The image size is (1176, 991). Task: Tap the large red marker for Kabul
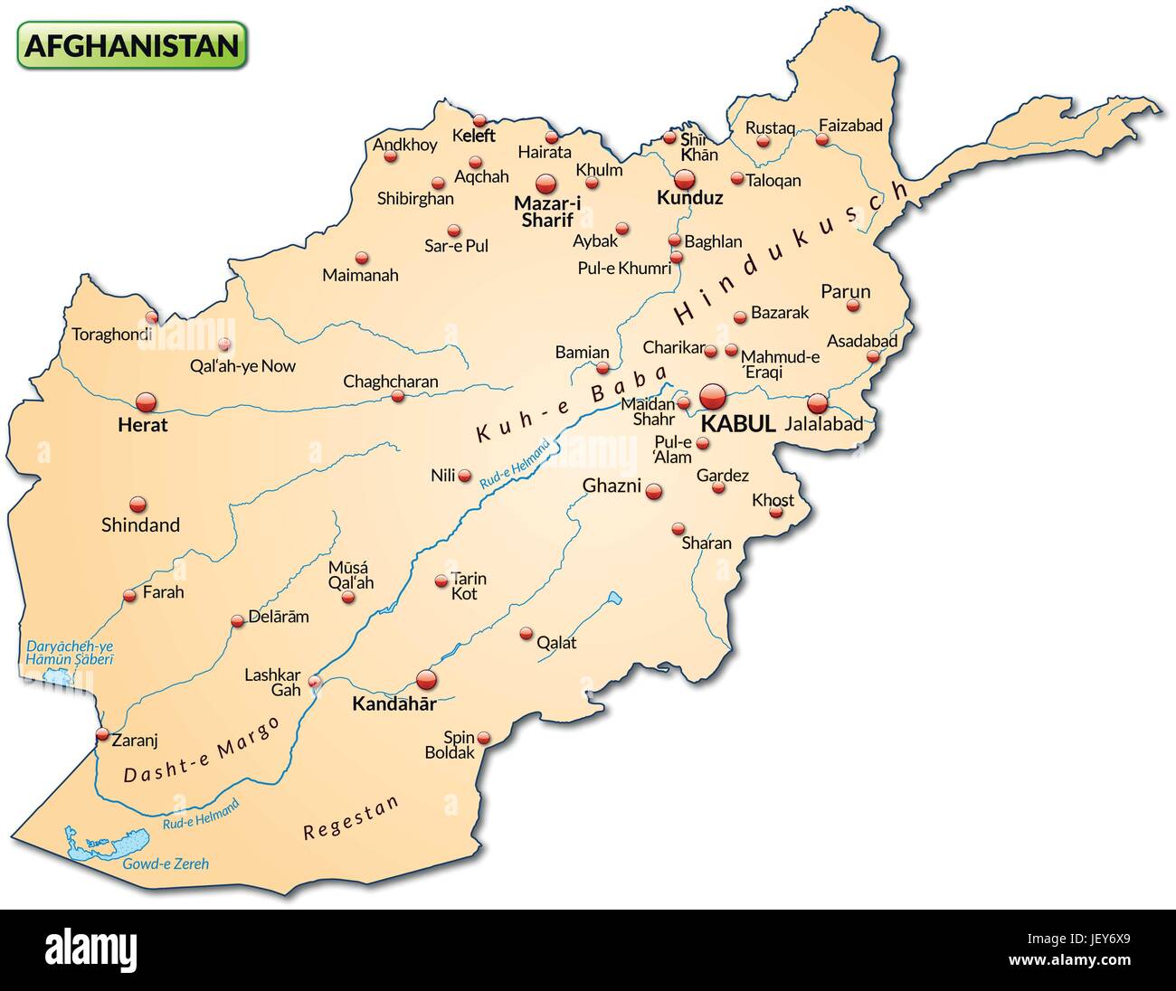point(713,396)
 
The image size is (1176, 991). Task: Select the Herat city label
point(143,424)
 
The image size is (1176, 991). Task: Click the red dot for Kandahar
point(425,679)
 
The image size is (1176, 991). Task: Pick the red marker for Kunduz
point(683,178)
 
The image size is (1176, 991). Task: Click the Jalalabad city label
point(824,423)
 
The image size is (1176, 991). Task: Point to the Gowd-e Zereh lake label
point(166,864)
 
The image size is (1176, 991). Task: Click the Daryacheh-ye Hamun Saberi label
point(70,654)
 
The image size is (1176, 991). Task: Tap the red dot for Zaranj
point(102,734)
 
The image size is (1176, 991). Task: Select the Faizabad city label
point(849,126)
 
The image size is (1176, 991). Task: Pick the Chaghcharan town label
point(390,382)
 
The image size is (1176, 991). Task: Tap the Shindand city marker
point(138,504)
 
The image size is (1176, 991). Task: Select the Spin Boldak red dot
point(484,737)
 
